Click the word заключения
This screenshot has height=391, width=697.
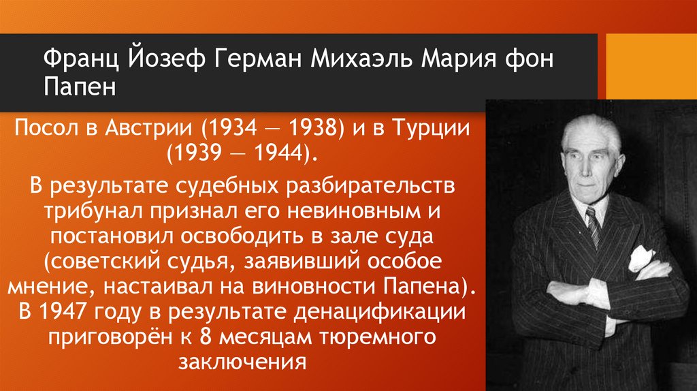[x=240, y=360]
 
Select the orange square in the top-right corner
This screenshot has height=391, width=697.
[x=650, y=64]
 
